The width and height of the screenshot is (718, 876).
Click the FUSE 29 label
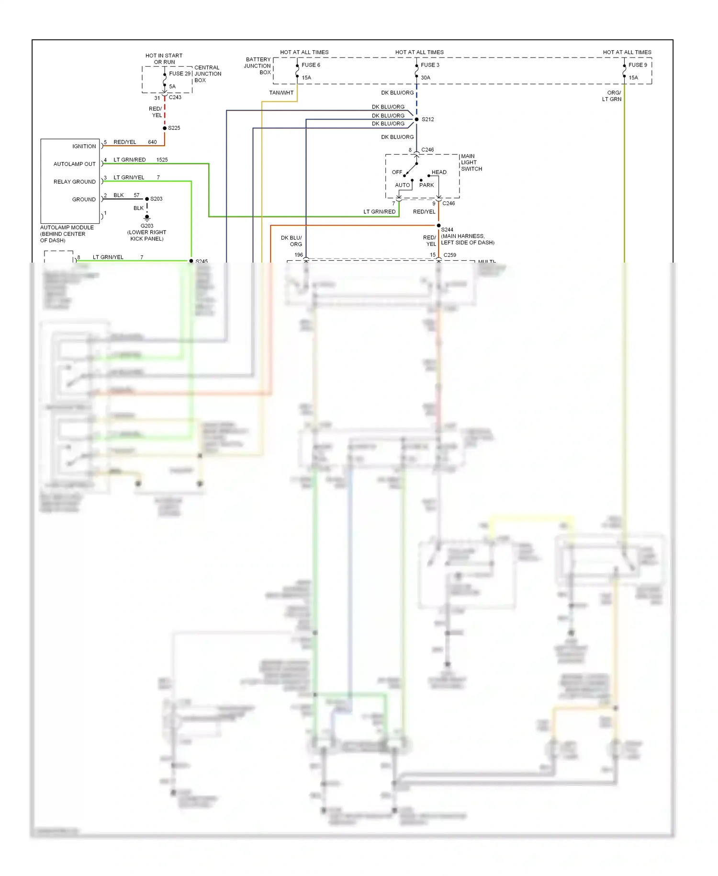179,74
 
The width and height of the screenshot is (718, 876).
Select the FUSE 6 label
311,65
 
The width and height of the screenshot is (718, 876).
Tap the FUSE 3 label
430,65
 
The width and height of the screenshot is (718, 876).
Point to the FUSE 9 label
638,65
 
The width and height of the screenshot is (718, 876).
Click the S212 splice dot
416,119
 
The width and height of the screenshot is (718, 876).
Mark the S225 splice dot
165,128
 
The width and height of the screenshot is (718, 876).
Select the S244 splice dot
438,226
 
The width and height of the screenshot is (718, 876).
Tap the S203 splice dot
147,199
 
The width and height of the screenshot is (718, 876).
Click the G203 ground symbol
147,218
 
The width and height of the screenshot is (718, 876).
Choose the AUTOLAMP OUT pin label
74,164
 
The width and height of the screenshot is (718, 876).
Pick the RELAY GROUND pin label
74,182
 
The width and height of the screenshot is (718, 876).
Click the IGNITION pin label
84,146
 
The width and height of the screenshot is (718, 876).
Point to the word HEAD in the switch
439,172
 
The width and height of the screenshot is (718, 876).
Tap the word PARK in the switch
426,185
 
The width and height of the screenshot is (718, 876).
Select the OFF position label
397,172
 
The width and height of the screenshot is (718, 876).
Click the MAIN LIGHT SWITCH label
471,162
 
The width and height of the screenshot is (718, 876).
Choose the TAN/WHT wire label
281,93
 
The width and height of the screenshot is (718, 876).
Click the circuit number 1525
162,160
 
